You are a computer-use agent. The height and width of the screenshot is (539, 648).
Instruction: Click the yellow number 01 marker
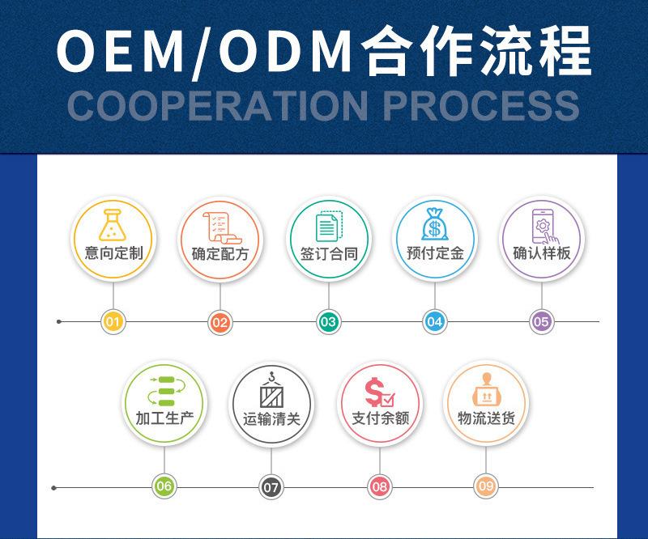pyautogui.click(x=113, y=322)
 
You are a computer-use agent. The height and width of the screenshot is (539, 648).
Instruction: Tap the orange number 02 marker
pyautogui.click(x=220, y=322)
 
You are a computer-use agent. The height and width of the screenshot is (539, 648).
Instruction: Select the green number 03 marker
pyautogui.click(x=327, y=322)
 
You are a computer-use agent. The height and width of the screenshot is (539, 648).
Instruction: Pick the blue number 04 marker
pyautogui.click(x=435, y=322)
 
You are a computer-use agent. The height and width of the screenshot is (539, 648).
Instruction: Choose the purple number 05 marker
pyautogui.click(x=541, y=322)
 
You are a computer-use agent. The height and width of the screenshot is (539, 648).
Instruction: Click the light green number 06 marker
pyautogui.click(x=164, y=486)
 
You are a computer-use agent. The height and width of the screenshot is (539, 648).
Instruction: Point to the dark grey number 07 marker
pyautogui.click(x=271, y=487)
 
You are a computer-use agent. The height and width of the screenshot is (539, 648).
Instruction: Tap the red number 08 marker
pyautogui.click(x=379, y=486)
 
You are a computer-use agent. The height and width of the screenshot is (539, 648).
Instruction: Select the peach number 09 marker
pyautogui.click(x=486, y=486)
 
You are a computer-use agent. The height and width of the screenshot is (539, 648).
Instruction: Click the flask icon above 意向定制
pyautogui.click(x=113, y=225)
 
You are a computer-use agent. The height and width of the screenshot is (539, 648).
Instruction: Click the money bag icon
pyautogui.click(x=435, y=224)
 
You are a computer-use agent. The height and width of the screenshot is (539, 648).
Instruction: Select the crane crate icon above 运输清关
pyautogui.click(x=271, y=391)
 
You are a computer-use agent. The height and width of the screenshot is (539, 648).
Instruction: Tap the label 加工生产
pyautogui.click(x=164, y=419)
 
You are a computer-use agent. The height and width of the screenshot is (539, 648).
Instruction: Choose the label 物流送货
pyautogui.click(x=486, y=419)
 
